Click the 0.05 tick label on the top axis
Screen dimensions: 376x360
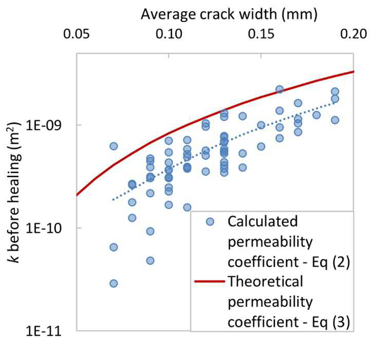pos(76,34)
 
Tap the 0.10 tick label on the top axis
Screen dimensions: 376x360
pos(169,34)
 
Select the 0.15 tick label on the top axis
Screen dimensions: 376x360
pos(261,34)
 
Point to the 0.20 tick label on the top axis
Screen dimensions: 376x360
pos(353,34)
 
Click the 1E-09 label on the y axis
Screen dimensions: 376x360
pos(44,125)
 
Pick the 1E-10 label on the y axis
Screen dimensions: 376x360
pos(44,228)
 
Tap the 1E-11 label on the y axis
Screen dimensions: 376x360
pos(44,331)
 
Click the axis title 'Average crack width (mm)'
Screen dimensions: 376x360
pos(229,14)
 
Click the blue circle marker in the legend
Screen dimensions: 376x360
pos(210,222)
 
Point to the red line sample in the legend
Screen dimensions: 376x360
pos(210,281)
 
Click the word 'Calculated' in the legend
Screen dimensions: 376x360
pos(262,221)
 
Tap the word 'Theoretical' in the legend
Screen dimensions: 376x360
pos(266,281)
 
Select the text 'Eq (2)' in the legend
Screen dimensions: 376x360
pos(331,262)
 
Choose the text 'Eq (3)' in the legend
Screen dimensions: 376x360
pos(331,322)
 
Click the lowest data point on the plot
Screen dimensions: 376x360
pos(114,283)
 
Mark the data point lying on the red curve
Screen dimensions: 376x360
pos(279,89)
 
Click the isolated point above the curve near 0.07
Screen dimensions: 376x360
pos(114,146)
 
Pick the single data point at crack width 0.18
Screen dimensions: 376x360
pos(316,115)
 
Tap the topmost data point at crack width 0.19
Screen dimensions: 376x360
pos(335,91)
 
